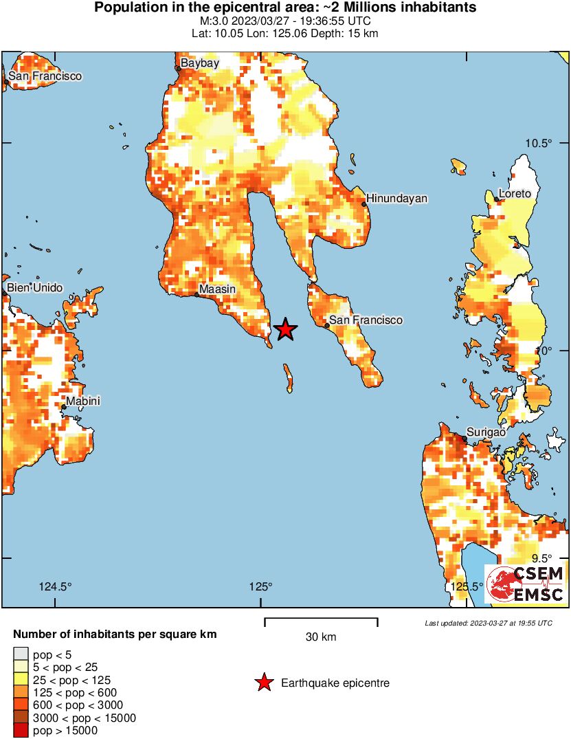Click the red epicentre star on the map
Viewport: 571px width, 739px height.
point(285,330)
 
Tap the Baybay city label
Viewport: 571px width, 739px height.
point(199,63)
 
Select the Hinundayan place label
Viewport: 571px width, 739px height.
point(396,199)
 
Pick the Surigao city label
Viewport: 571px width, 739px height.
point(486,432)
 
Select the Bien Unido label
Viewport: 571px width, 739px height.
point(34,287)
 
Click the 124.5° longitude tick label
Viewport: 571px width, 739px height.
point(55,586)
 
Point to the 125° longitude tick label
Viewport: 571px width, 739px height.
point(261,586)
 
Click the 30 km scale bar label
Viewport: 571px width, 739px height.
point(321,637)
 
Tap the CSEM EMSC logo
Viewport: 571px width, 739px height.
point(526,584)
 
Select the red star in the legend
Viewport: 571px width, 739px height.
point(263,683)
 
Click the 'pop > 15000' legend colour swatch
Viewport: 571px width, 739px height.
point(21,731)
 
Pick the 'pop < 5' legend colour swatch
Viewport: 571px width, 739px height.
point(21,654)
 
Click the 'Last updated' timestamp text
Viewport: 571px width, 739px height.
point(488,623)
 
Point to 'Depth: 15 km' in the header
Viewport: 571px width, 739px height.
point(345,33)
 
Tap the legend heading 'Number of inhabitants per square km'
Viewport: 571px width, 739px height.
point(115,635)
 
